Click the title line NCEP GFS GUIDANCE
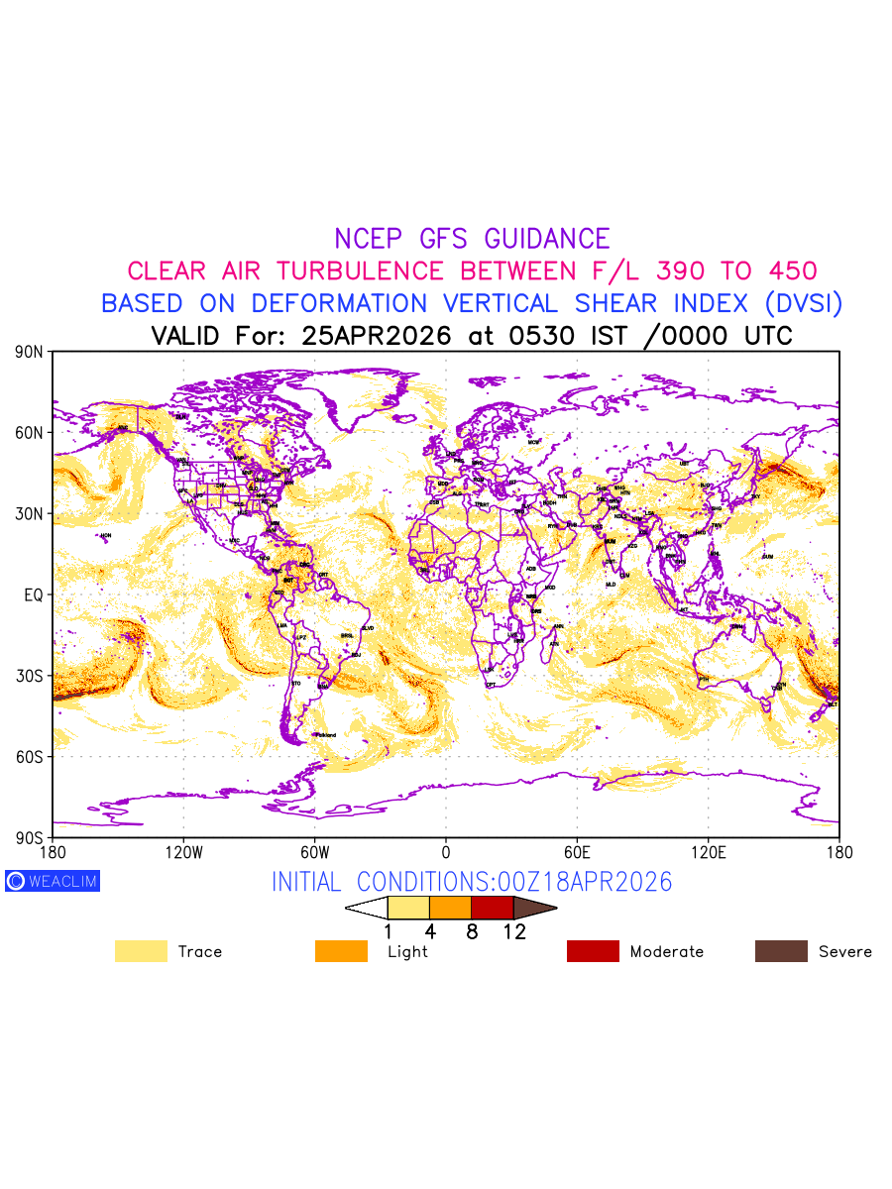(x=472, y=239)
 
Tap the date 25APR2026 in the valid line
(x=377, y=336)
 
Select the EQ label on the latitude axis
(x=34, y=594)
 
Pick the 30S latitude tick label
(x=31, y=676)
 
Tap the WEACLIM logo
(x=53, y=881)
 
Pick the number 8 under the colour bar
(x=472, y=932)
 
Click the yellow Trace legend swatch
(x=141, y=951)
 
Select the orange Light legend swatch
(x=341, y=951)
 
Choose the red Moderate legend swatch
(x=593, y=951)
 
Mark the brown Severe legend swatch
(x=781, y=951)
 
